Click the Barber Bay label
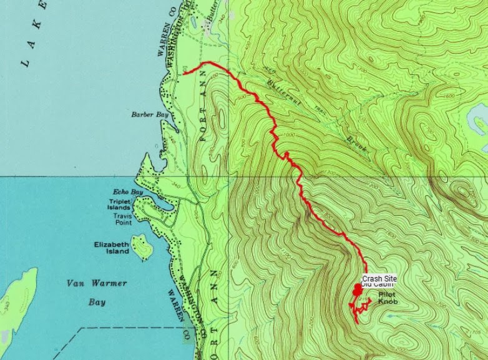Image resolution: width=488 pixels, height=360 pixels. [x=146, y=115]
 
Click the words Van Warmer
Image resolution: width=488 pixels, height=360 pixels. [x=96, y=283]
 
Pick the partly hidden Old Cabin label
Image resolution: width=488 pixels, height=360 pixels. [x=378, y=285]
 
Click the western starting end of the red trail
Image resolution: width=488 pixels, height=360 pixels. [x=185, y=73]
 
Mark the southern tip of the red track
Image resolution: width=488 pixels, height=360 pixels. [x=357, y=321]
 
